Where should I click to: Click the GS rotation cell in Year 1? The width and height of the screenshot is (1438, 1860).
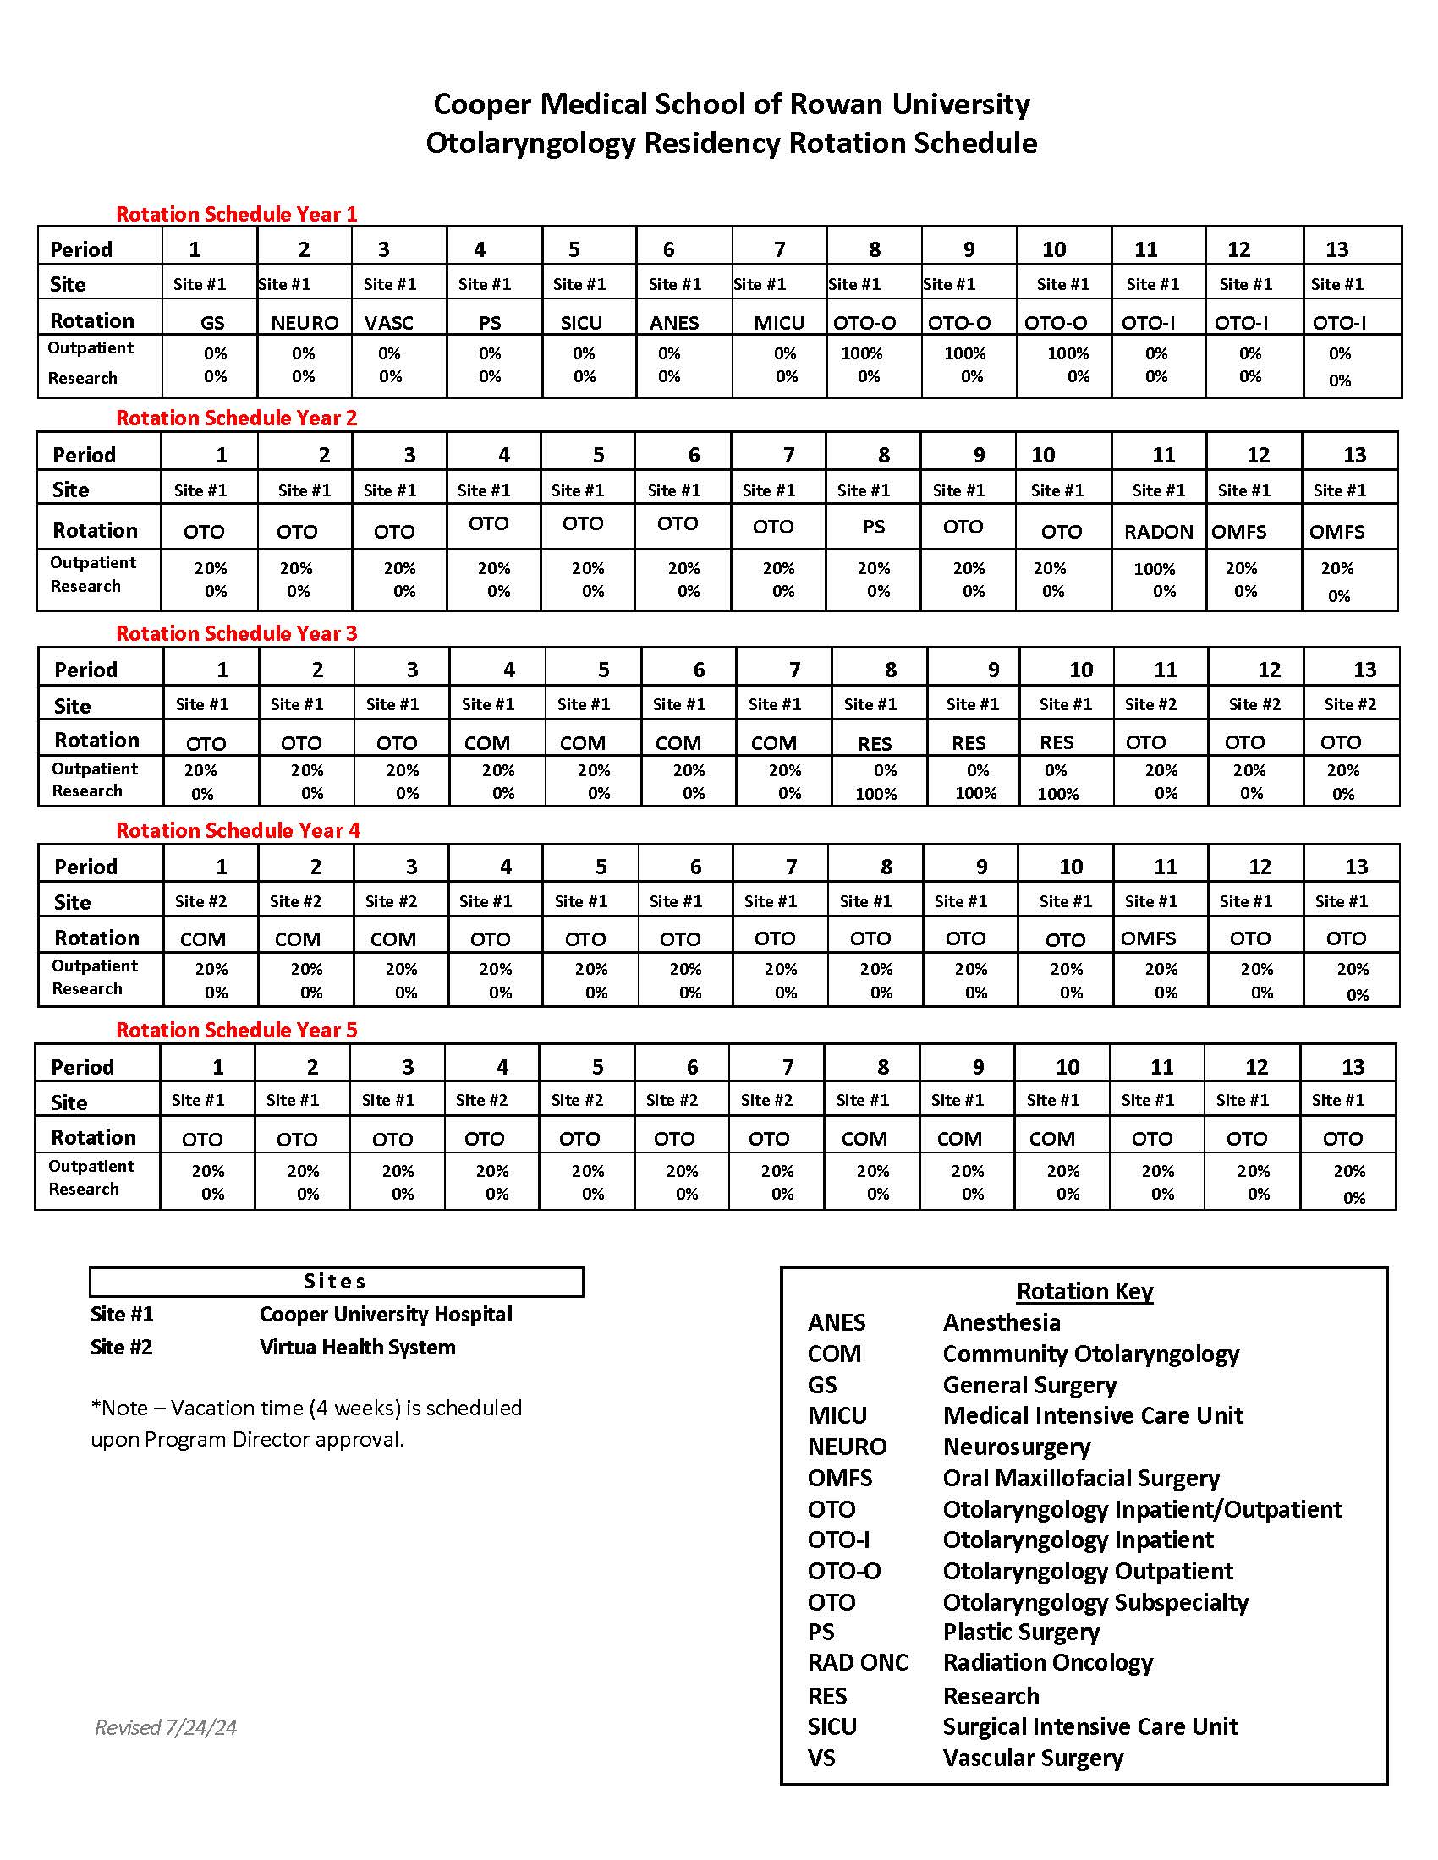(x=212, y=323)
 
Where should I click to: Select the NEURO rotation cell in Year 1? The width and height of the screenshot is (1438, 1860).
(x=305, y=323)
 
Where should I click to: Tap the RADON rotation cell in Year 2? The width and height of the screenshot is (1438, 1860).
(x=1159, y=532)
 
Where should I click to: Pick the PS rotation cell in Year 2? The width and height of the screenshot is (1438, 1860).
(x=874, y=528)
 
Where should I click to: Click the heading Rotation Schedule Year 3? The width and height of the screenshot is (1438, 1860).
(x=237, y=633)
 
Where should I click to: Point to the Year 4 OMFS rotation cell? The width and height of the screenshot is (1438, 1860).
(x=1149, y=938)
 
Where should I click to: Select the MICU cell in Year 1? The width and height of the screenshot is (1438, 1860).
(x=778, y=323)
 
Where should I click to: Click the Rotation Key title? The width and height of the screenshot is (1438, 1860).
(x=1084, y=1291)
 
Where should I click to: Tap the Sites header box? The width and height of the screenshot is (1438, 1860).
(x=336, y=1281)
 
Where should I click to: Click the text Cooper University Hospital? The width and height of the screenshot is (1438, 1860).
(x=386, y=1314)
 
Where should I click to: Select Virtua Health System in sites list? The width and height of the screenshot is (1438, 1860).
(x=358, y=1348)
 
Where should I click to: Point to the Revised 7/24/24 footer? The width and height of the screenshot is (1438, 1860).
(x=166, y=1727)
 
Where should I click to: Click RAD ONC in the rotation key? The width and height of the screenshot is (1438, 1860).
(x=858, y=1662)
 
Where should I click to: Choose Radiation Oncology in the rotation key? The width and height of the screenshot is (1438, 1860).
(x=1048, y=1662)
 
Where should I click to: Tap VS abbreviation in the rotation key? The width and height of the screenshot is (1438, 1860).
(x=821, y=1758)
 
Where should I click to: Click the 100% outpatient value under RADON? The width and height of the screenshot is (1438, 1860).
(x=1155, y=569)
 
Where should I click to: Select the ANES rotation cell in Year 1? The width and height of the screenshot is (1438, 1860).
(x=674, y=323)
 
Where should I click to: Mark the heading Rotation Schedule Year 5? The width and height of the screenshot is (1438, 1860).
(x=237, y=1030)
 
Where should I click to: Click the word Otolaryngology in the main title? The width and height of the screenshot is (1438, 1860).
(x=530, y=143)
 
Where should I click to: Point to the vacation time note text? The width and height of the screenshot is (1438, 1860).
(x=307, y=1423)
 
